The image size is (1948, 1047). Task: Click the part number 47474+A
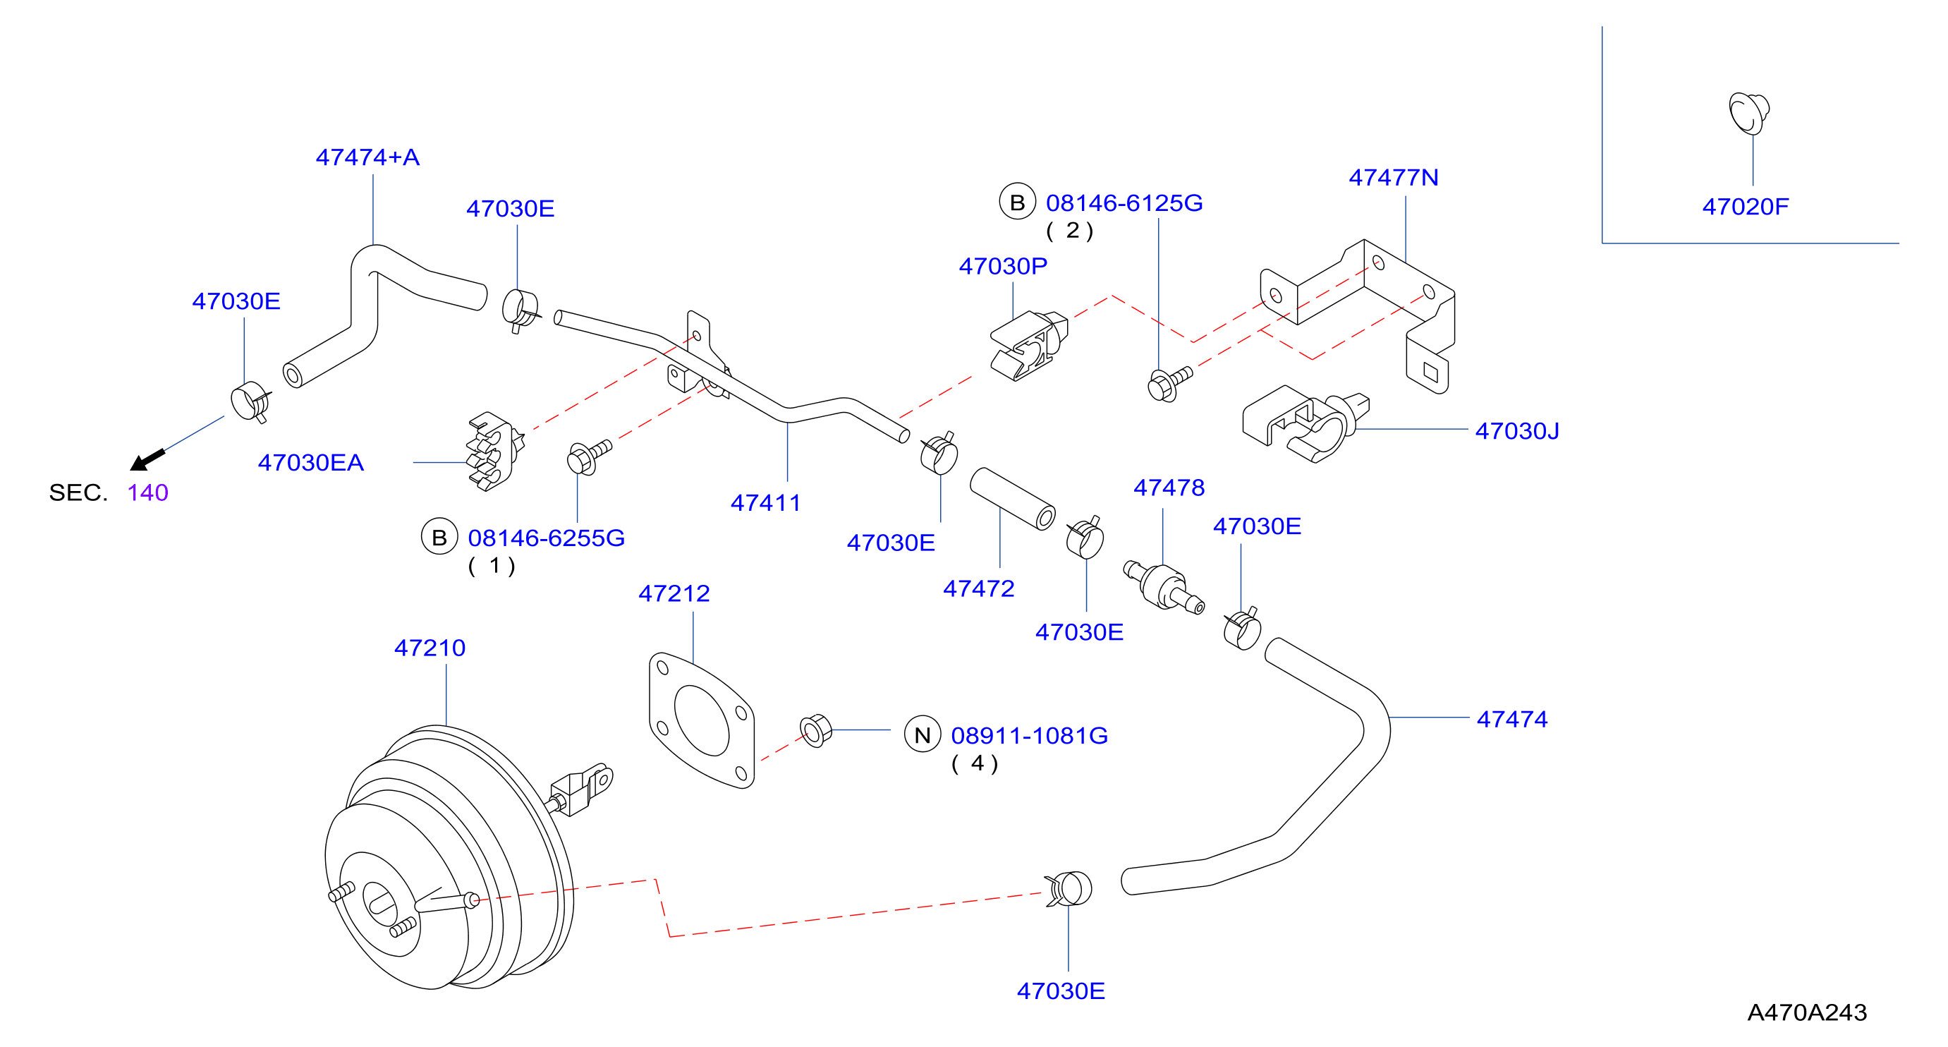[367, 157]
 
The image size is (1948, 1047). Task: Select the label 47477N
[1393, 178]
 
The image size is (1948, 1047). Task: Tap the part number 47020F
[1746, 207]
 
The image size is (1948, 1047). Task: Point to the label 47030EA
[311, 462]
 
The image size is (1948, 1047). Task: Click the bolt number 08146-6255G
[546, 538]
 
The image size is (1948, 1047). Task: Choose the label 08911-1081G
[1029, 735]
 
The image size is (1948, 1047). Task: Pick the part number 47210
[430, 648]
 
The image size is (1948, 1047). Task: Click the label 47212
[674, 593]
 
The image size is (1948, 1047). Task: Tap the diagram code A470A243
[1806, 1012]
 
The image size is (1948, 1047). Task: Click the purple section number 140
[147, 492]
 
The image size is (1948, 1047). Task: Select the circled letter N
[923, 734]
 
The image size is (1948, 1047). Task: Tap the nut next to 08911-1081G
[816, 730]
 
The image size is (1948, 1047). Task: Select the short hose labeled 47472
[1013, 499]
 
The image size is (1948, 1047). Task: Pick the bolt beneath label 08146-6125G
[1169, 384]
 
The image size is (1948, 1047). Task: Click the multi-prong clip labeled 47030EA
[494, 452]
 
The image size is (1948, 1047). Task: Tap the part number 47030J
[1517, 431]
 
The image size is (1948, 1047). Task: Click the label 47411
[765, 502]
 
